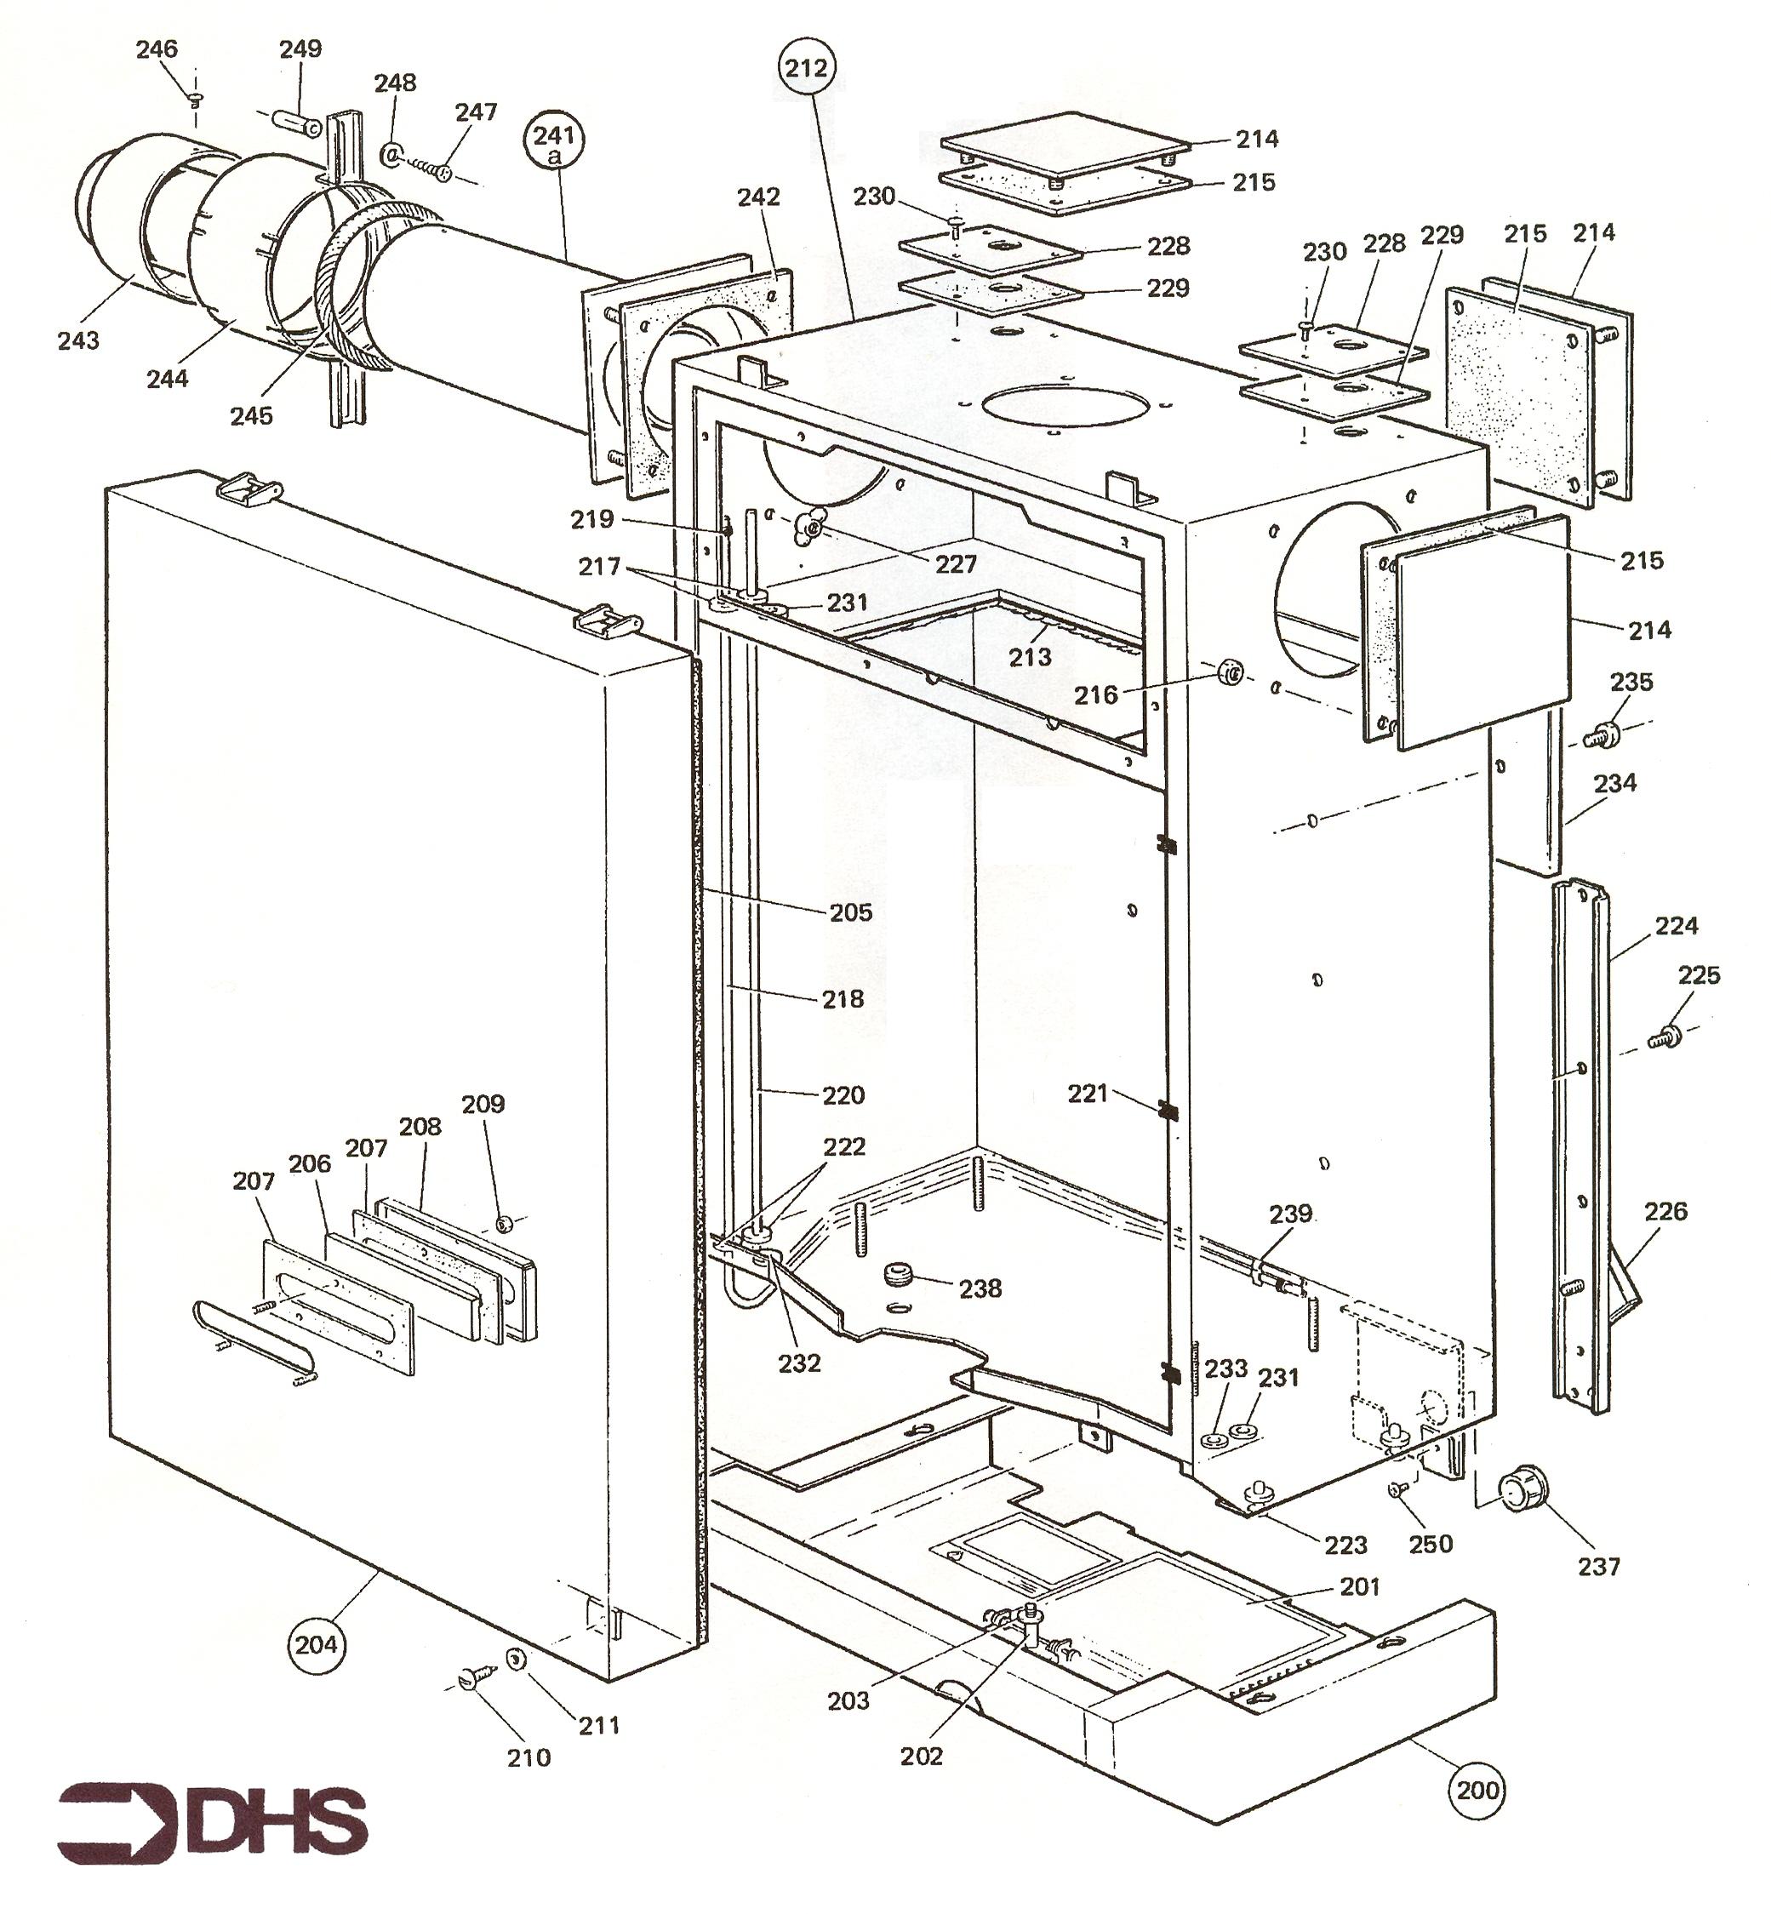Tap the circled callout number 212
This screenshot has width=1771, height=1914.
pos(806,68)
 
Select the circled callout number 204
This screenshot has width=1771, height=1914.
pos(317,1645)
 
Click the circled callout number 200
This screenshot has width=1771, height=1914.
pos(1477,1790)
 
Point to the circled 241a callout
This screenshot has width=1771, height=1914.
pos(554,143)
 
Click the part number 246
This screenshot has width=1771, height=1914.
pos(157,49)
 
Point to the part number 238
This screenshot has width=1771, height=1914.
pos(980,1288)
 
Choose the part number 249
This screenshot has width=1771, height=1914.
pos(300,49)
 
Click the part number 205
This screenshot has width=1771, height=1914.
pos(851,911)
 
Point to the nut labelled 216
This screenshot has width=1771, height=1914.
pos(1230,674)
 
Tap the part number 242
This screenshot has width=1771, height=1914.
pos(758,197)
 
